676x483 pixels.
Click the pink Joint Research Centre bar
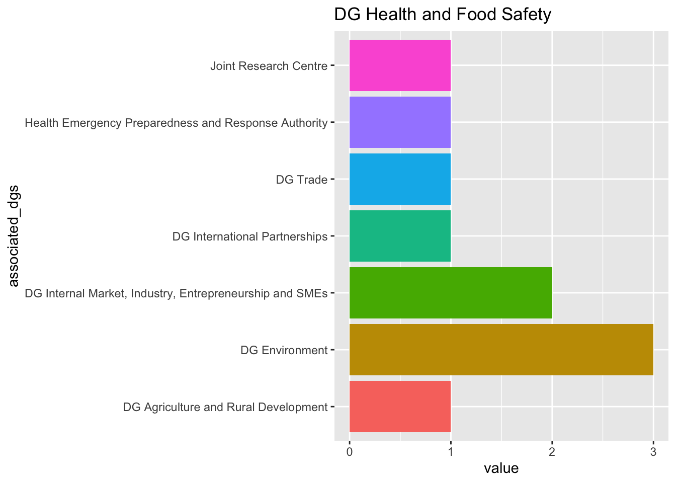pos(400,65)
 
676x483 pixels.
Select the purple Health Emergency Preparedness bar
pos(400,122)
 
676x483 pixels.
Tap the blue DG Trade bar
pos(400,179)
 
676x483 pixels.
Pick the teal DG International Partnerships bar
pos(400,236)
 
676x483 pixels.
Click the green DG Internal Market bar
pos(451,293)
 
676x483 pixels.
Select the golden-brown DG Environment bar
pos(501,350)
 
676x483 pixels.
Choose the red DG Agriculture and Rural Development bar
pos(400,407)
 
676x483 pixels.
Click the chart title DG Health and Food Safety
pos(443,15)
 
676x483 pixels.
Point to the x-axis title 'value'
pos(501,468)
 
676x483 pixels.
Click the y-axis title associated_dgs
pos(14,236)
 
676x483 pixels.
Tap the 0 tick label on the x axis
pos(349,453)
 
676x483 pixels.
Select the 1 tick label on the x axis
pos(451,453)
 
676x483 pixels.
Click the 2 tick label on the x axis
pos(552,453)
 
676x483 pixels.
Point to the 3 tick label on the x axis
pos(653,453)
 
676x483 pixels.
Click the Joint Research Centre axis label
pos(269,66)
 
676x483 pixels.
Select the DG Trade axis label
pos(302,180)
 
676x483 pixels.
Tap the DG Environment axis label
pos(284,350)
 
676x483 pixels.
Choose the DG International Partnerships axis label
pos(250,236)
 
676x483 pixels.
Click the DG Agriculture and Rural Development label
pos(225,407)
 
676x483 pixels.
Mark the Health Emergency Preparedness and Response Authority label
pos(176,123)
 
